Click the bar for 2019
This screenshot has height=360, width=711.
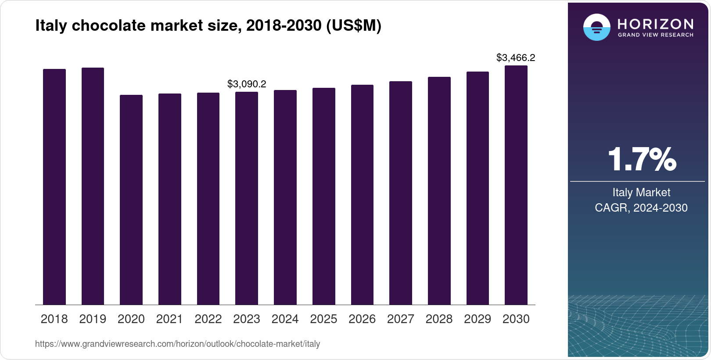(x=93, y=186)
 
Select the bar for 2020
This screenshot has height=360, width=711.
(x=131, y=200)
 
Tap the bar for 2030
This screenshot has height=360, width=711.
(x=516, y=185)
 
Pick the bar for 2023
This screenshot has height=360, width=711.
(x=247, y=198)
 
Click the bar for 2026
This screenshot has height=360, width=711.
(x=362, y=194)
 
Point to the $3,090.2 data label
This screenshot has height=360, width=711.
(x=247, y=84)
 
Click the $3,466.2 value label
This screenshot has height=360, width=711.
(x=516, y=58)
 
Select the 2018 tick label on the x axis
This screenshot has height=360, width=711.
(x=54, y=319)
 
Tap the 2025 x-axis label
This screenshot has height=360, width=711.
(x=323, y=319)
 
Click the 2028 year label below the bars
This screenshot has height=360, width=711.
(x=439, y=319)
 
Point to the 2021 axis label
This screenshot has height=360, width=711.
(x=169, y=319)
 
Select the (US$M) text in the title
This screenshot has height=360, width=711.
(x=354, y=25)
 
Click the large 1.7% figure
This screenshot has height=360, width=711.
(x=642, y=159)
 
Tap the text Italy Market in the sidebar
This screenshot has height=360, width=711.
(x=641, y=192)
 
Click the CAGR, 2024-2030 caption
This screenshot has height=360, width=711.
(x=641, y=208)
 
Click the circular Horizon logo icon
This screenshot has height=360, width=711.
(x=596, y=27)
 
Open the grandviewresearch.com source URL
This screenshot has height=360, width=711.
(x=177, y=344)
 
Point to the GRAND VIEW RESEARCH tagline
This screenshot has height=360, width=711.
(x=655, y=35)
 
